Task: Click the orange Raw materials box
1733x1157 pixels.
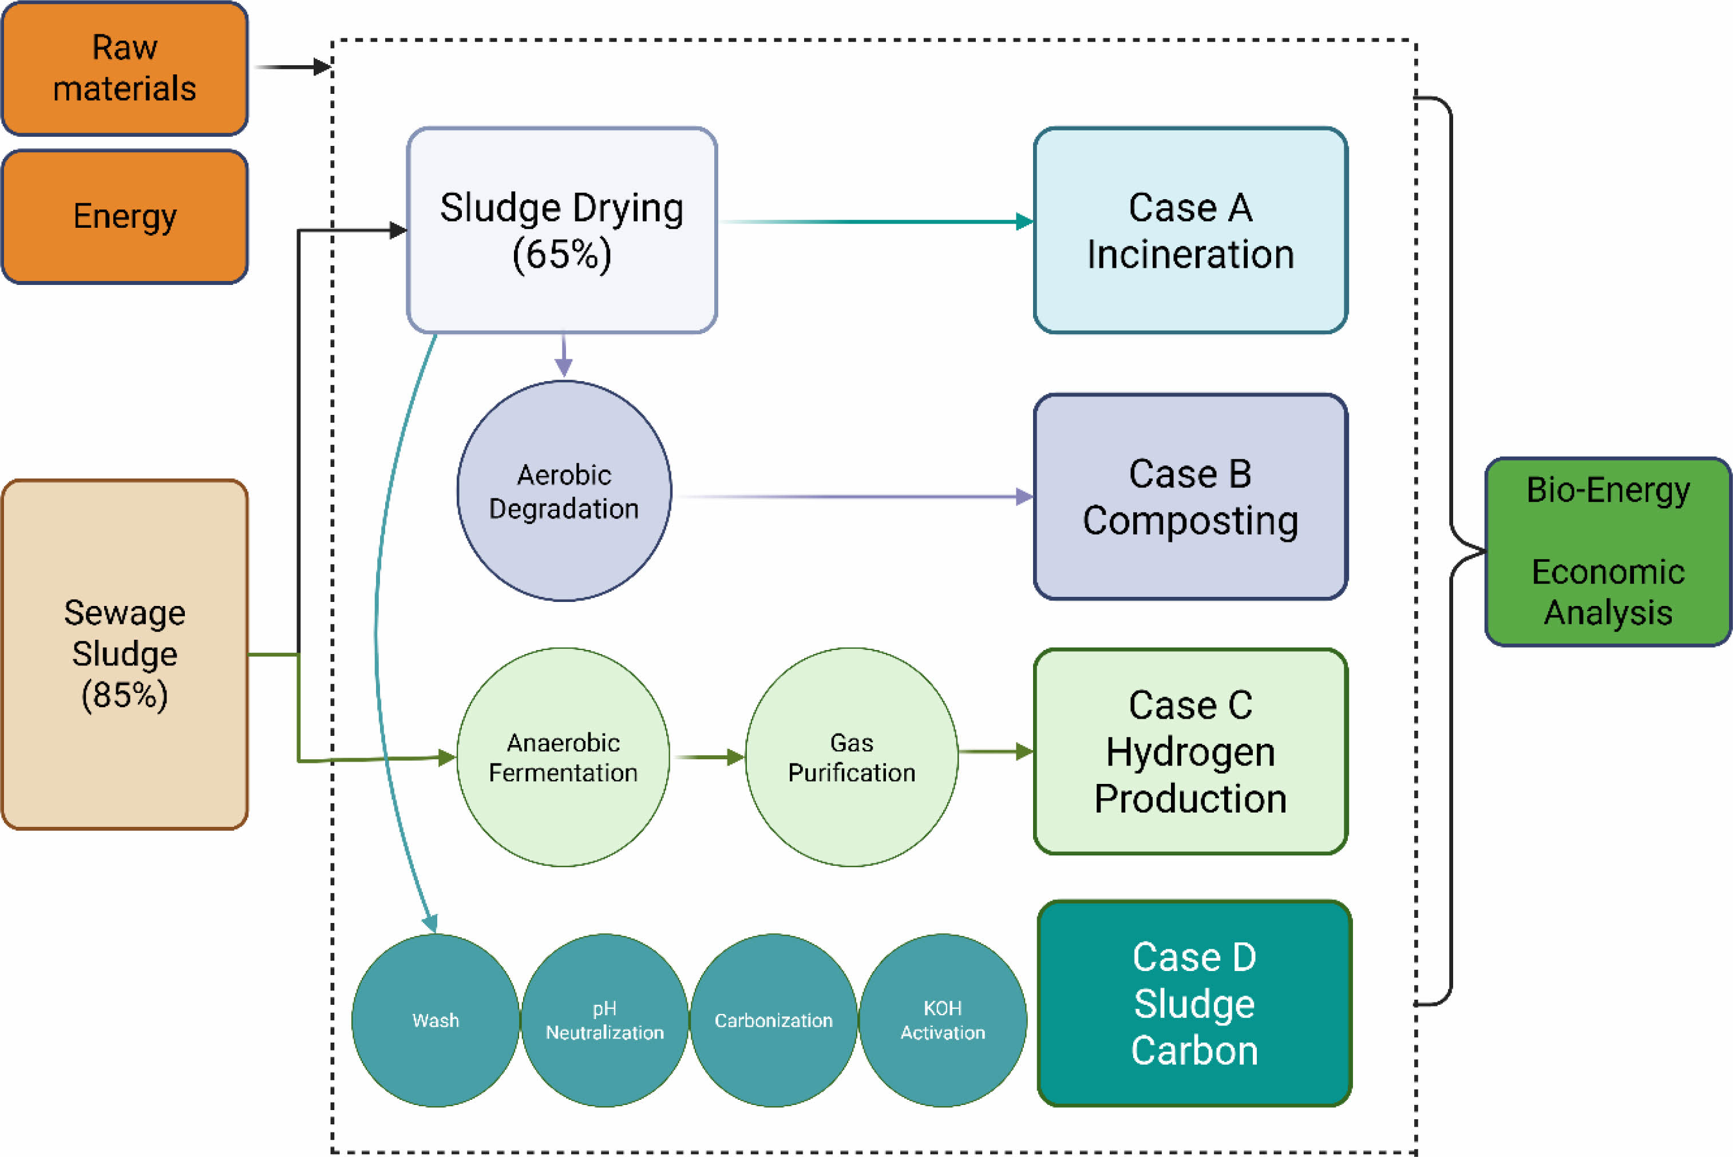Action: click(x=125, y=68)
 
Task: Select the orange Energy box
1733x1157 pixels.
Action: click(x=125, y=216)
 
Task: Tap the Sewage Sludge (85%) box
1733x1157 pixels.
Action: click(x=125, y=654)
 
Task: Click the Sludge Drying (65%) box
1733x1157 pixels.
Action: click(x=561, y=230)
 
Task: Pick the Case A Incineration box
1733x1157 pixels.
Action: click(x=1190, y=230)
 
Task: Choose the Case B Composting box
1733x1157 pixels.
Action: click(x=1190, y=497)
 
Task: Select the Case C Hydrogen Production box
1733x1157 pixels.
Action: click(x=1190, y=751)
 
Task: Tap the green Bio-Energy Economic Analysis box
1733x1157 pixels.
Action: click(x=1608, y=551)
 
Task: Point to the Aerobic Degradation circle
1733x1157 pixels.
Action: click(x=564, y=491)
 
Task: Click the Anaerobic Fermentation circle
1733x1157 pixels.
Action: click(x=563, y=757)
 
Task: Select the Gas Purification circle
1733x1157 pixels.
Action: click(x=852, y=757)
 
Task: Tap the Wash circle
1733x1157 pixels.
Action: click(x=436, y=1020)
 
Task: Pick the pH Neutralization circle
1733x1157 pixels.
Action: click(x=604, y=1020)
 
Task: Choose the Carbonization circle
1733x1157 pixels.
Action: click(x=774, y=1020)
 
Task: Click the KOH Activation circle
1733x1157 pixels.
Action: click(x=943, y=1020)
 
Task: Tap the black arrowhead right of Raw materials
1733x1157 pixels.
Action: click(x=322, y=67)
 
